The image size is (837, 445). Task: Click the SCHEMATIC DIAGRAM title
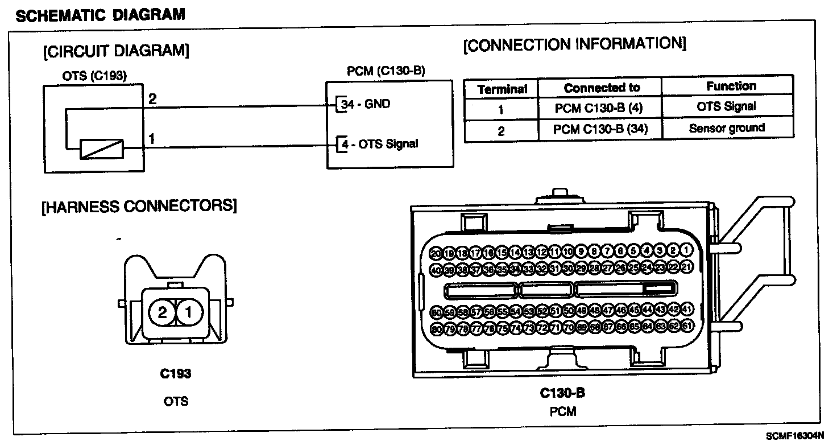click(x=100, y=14)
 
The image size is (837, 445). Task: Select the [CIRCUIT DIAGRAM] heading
click(x=115, y=51)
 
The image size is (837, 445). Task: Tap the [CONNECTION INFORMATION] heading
click(x=575, y=44)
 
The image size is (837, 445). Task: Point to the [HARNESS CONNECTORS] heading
click(x=139, y=206)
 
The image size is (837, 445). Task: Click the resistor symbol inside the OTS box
click(x=101, y=150)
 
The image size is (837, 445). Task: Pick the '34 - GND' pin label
click(x=365, y=105)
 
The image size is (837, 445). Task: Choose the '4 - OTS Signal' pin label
click(x=379, y=144)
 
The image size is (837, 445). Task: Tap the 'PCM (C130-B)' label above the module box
click(x=386, y=71)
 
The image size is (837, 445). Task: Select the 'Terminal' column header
click(x=502, y=89)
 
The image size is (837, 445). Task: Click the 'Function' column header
click(x=731, y=86)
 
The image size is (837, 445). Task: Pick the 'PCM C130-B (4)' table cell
click(x=599, y=108)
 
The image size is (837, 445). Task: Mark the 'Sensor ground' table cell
click(x=727, y=128)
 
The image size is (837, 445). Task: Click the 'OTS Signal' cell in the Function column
click(x=726, y=106)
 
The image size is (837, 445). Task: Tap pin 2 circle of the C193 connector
click(x=162, y=312)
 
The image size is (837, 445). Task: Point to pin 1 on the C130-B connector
click(x=687, y=250)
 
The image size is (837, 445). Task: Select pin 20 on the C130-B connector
click(x=436, y=253)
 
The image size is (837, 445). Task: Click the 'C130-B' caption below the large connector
click(x=562, y=393)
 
